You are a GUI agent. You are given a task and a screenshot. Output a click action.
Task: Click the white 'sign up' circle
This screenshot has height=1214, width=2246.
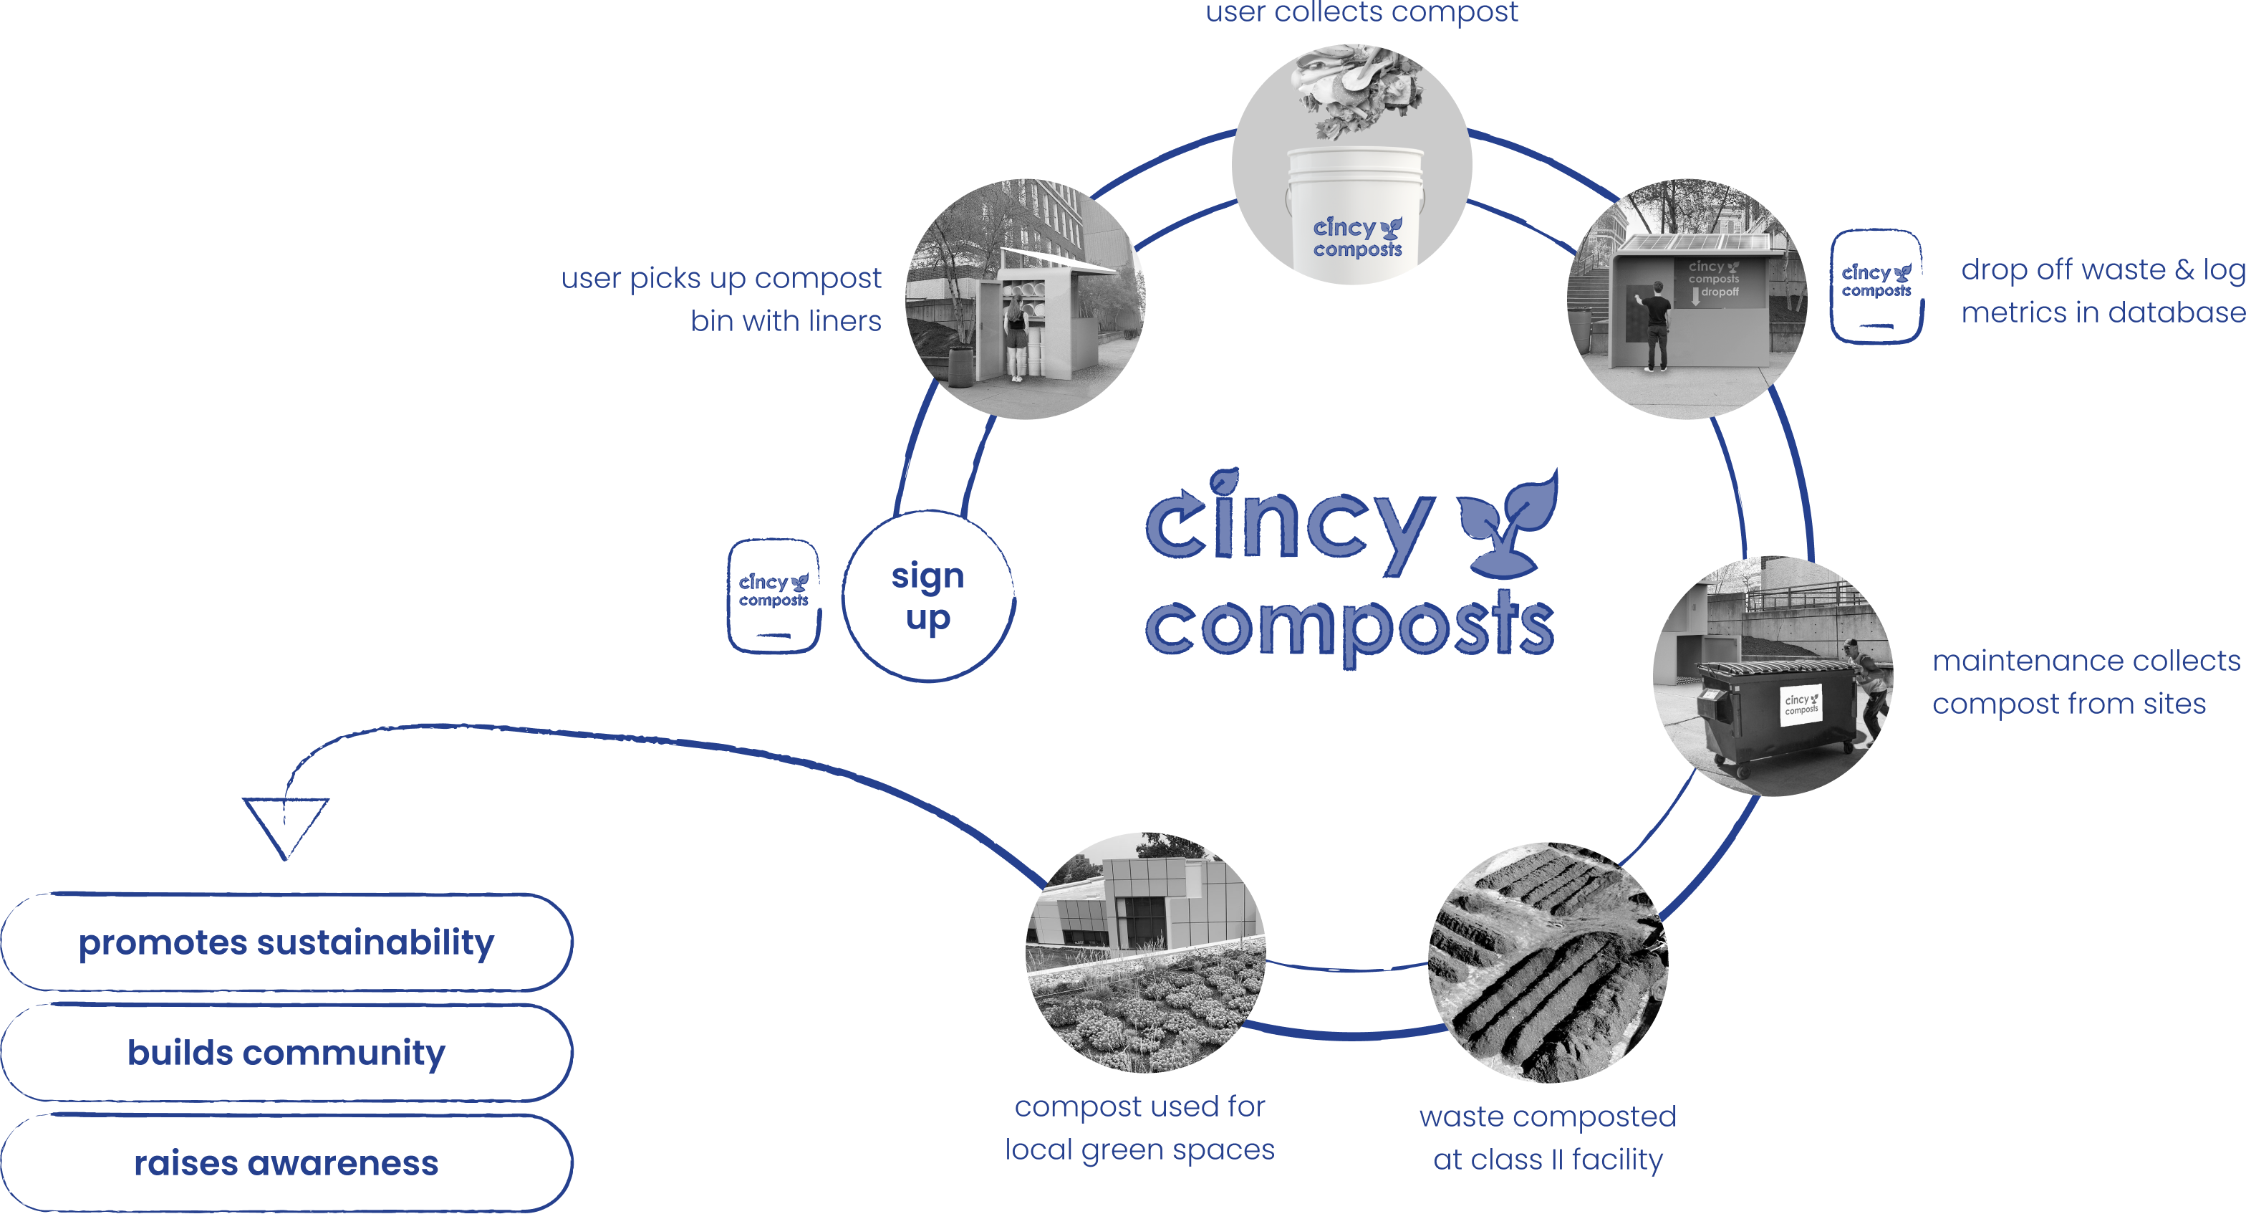pyautogui.click(x=927, y=596)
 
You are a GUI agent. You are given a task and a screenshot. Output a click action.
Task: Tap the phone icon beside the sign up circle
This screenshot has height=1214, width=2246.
pyautogui.click(x=773, y=596)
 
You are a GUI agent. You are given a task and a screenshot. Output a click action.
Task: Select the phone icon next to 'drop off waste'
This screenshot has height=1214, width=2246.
pyautogui.click(x=1876, y=286)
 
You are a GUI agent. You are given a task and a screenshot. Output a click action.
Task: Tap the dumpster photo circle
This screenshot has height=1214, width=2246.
pyautogui.click(x=1773, y=676)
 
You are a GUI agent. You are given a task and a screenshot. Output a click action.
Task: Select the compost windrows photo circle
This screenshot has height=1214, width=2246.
pyautogui.click(x=1548, y=962)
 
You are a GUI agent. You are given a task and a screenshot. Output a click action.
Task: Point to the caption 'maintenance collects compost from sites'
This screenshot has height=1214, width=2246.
pyautogui.click(x=2084, y=682)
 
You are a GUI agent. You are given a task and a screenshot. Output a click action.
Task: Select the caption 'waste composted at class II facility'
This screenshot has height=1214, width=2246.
pyautogui.click(x=1548, y=1138)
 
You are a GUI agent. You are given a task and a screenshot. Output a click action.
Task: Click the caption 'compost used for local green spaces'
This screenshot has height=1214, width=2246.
pyautogui.click(x=1139, y=1128)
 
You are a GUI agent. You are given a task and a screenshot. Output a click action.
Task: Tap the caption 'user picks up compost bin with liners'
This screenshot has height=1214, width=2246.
pyautogui.click(x=722, y=299)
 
